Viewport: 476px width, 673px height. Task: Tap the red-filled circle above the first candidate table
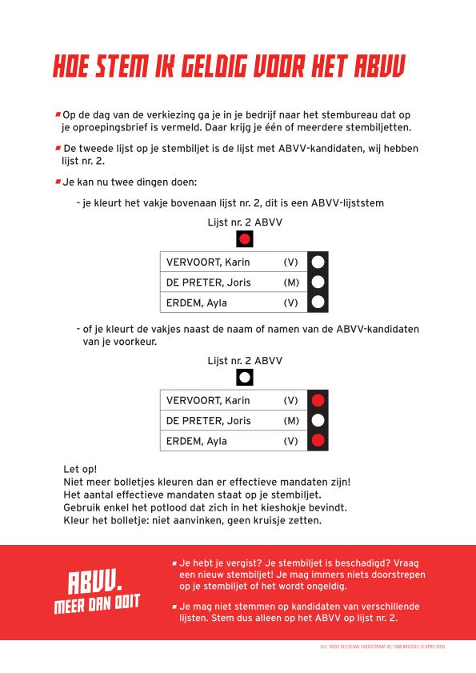click(245, 238)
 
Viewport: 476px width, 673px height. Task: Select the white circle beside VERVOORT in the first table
click(318, 262)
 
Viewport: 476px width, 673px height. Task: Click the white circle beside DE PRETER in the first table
click(318, 282)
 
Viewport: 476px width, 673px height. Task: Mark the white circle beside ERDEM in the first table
click(318, 302)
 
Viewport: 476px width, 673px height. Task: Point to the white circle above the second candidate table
click(245, 377)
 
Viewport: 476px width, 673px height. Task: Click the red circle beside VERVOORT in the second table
click(318, 400)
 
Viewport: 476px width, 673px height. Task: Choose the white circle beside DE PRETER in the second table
click(318, 420)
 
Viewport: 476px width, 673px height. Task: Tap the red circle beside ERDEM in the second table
click(318, 440)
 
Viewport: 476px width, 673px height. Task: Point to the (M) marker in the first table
click(290, 282)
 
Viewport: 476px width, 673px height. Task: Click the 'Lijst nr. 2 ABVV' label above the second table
click(245, 360)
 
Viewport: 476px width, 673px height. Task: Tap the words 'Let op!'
click(79, 468)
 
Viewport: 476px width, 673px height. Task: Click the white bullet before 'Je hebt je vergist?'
click(174, 563)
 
